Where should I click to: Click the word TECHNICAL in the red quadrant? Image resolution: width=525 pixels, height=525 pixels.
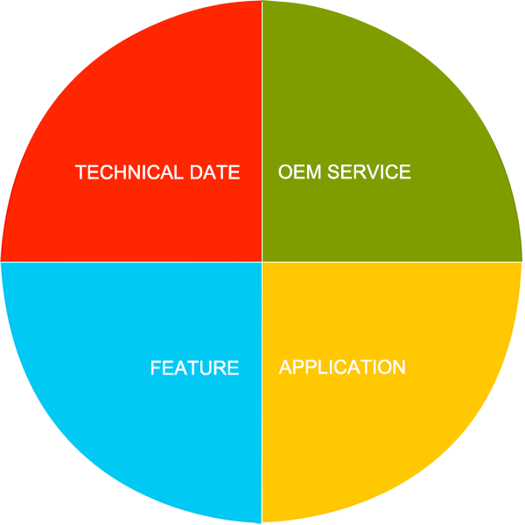click(x=129, y=172)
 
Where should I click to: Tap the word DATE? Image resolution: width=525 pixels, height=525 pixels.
click(x=215, y=172)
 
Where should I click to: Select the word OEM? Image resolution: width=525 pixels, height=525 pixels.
click(x=299, y=171)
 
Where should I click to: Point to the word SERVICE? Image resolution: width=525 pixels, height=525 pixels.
click(x=369, y=171)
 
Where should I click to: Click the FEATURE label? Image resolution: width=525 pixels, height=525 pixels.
click(x=195, y=367)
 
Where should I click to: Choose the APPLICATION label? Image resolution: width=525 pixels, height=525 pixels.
click(x=342, y=367)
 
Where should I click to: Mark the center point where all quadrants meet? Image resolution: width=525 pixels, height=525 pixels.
click(x=262, y=262)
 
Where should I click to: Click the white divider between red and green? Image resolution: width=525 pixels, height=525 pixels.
click(x=262, y=131)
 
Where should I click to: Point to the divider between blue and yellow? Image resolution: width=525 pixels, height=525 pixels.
click(x=262, y=392)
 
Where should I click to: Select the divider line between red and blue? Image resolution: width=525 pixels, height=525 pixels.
click(x=131, y=262)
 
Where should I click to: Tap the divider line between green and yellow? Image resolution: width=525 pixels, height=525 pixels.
click(x=392, y=262)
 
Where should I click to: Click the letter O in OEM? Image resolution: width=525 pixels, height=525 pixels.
click(x=285, y=171)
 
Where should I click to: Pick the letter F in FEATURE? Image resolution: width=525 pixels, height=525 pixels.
click(x=156, y=367)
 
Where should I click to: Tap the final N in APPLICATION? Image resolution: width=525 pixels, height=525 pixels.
click(x=400, y=367)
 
